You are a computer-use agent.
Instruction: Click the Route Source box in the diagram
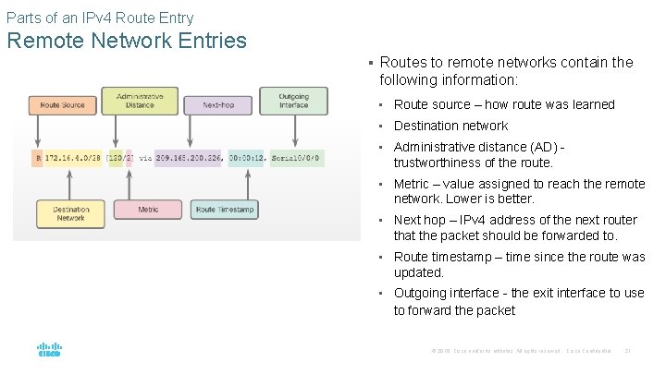tap(62, 104)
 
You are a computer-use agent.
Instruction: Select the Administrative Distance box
tap(140, 100)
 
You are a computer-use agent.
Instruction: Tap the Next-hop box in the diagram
tap(214, 104)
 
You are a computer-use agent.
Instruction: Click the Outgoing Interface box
tap(293, 100)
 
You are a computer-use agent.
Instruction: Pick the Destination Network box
tap(71, 213)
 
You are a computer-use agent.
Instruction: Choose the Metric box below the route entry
tap(148, 210)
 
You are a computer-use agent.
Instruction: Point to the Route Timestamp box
tap(224, 210)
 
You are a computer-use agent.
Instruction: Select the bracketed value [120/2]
tap(120, 158)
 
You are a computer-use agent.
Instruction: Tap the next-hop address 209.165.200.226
tap(189, 158)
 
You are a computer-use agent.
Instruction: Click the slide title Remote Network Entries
tap(127, 41)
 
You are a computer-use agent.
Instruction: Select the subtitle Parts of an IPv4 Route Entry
tap(100, 17)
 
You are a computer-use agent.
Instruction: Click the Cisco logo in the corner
tap(49, 350)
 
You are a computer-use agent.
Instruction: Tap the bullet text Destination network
tap(450, 126)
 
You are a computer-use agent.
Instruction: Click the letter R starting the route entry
tap(37, 158)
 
